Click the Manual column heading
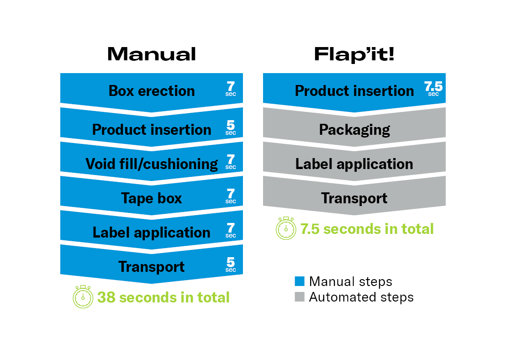pos(152,54)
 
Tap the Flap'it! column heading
pos(354,54)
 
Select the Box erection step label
pos(152,91)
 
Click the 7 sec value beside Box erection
pos(231,89)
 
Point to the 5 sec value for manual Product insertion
pos(231,127)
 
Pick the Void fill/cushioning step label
pos(152,164)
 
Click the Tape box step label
pos(152,198)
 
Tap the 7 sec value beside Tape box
pos(231,196)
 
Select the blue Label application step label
pos(152,233)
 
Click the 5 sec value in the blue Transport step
pos(231,265)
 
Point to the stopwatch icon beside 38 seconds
pos(83,296)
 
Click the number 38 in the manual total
pos(106,297)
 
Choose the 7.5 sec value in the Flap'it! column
pos(433,89)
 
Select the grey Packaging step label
pos(354,130)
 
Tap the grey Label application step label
pos(354,164)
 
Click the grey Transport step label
pos(354,198)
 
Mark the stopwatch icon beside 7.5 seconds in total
pos(286,228)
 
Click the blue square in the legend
pos(300,281)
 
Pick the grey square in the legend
pos(300,296)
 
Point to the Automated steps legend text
pos(361,297)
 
